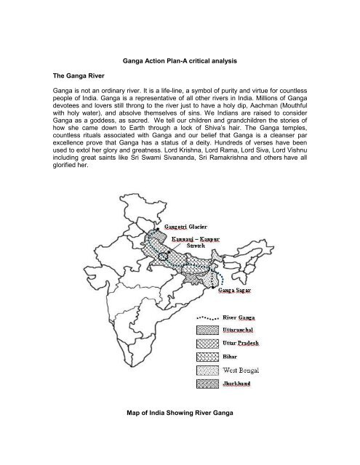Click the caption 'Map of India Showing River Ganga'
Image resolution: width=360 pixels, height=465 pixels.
[x=180, y=435]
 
